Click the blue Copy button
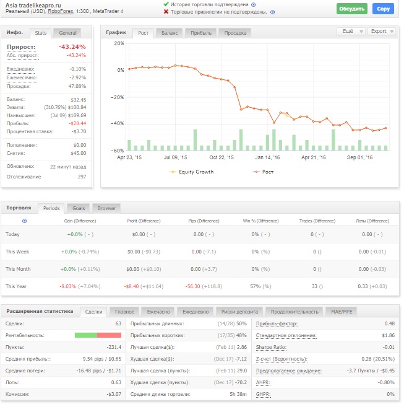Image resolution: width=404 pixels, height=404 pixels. tap(383, 9)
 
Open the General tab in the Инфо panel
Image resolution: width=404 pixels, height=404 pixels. tap(67, 33)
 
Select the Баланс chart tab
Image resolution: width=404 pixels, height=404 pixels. tap(170, 33)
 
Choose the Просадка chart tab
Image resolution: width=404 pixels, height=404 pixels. tap(235, 33)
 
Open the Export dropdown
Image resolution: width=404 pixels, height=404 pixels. tap(382, 31)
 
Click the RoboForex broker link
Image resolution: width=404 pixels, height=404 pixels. tap(61, 11)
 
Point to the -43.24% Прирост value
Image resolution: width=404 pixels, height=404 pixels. tap(72, 46)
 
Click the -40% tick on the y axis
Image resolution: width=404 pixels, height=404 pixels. tap(117, 123)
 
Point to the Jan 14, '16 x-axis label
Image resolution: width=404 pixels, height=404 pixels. tap(267, 157)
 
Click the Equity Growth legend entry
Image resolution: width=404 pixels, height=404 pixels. tap(191, 172)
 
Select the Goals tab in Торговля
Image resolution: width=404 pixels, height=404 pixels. tap(79, 208)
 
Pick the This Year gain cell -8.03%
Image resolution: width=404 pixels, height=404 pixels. tap(68, 286)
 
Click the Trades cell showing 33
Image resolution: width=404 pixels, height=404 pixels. tap(314, 286)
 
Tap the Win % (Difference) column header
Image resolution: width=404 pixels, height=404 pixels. tap(260, 221)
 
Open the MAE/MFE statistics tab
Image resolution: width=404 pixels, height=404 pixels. tap(342, 312)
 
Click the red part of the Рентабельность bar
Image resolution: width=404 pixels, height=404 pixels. tap(109, 335)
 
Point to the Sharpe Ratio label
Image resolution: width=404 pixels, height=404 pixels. tap(271, 347)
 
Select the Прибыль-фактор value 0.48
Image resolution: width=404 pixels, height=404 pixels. tap(390, 323)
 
